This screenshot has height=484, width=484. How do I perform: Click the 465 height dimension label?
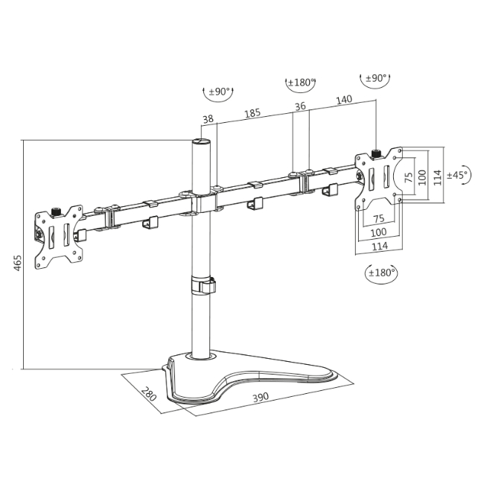17,264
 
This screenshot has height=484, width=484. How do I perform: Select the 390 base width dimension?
260,398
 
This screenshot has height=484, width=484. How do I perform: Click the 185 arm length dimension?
252,113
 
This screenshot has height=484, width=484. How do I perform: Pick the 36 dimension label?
300,106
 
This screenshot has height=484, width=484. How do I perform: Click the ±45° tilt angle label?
457,174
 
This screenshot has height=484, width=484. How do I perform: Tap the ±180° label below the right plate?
381,273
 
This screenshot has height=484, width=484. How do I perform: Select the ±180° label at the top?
300,82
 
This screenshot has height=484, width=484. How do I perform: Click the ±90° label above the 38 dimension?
219,92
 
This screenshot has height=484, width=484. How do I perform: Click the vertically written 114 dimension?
439,176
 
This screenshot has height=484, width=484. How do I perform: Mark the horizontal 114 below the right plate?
380,246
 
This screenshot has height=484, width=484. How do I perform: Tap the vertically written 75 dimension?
407,177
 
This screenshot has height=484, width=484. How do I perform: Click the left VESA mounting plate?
58,235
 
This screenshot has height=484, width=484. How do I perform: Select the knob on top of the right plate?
377,153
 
